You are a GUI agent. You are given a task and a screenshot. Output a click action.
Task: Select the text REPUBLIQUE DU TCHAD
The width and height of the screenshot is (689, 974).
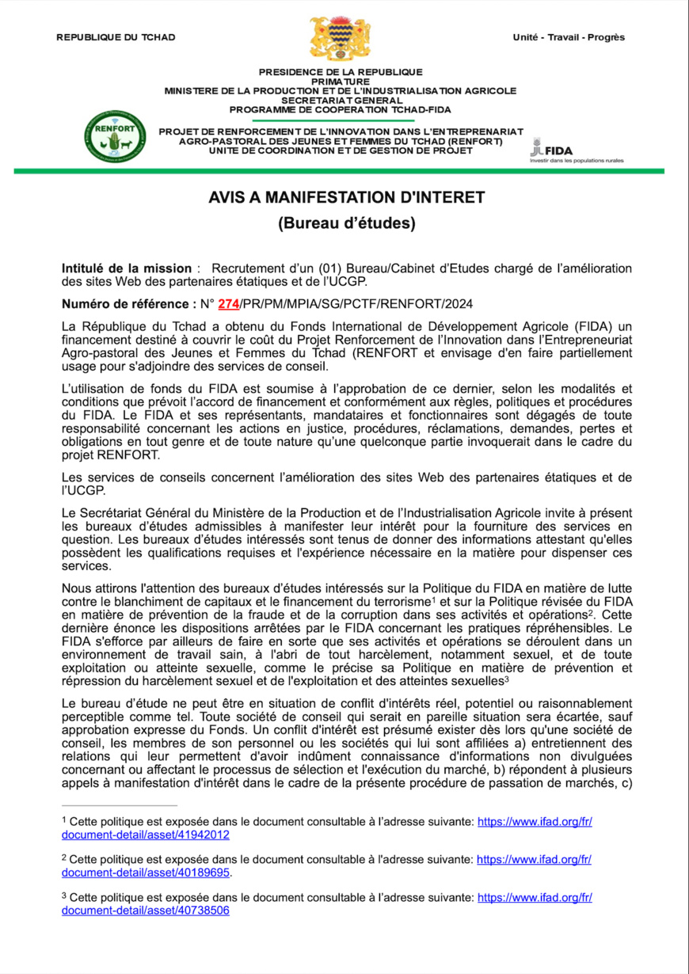click(x=116, y=37)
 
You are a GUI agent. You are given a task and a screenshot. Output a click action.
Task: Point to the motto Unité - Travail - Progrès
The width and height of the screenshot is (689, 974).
click(x=569, y=37)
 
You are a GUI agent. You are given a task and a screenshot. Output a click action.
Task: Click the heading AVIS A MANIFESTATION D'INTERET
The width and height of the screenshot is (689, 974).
click(x=346, y=196)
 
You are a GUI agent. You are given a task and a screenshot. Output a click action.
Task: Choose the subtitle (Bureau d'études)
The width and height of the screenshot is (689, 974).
click(x=346, y=223)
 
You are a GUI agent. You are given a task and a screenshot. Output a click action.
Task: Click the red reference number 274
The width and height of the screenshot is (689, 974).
click(x=228, y=304)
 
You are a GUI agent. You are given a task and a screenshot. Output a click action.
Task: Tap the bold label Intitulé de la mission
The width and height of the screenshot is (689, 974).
click(x=127, y=268)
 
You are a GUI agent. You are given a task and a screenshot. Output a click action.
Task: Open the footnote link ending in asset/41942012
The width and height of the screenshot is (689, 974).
click(x=146, y=835)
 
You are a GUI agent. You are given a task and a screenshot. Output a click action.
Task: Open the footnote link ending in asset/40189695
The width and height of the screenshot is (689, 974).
click(x=146, y=872)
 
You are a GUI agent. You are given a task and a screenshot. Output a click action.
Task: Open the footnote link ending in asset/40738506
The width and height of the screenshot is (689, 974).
click(x=146, y=911)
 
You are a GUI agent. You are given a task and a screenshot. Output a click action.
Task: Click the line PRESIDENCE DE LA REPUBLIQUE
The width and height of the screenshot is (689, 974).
click(x=341, y=72)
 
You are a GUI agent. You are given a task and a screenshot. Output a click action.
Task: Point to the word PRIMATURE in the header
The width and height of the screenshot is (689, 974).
click(x=341, y=82)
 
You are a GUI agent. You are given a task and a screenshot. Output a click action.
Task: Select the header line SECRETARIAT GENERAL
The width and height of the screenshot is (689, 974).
click(x=341, y=101)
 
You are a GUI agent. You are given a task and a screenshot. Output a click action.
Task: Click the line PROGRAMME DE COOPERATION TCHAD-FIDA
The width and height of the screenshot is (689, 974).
click(x=341, y=110)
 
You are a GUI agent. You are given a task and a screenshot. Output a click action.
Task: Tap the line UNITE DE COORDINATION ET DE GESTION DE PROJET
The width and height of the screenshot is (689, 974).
click(x=341, y=150)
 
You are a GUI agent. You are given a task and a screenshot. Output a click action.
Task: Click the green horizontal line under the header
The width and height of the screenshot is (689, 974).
click(x=341, y=170)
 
